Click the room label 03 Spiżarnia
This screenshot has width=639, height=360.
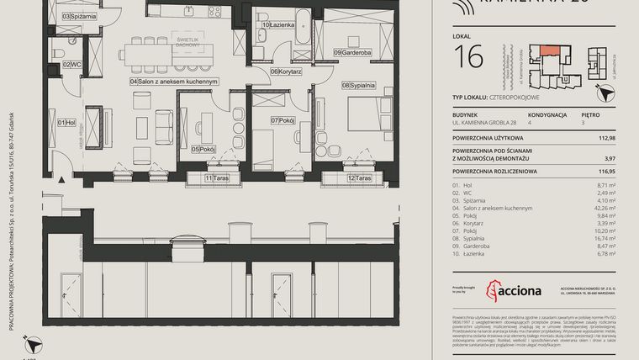(79, 15)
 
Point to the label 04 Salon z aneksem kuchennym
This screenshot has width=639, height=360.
(174, 82)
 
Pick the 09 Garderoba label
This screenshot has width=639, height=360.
(351, 53)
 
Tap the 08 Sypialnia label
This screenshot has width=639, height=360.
(359, 85)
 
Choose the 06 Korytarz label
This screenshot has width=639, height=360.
(286, 71)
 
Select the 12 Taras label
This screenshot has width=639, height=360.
(360, 178)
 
